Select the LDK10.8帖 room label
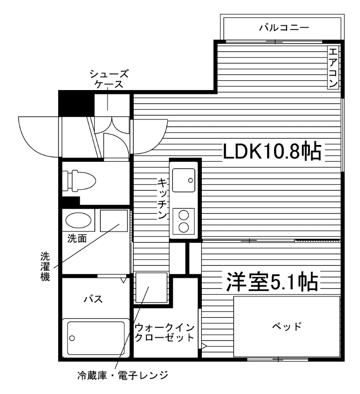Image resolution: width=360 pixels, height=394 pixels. point(272,151)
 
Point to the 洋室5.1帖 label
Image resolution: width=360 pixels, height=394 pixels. point(272,282)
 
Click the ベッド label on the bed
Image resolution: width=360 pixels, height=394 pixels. point(286,326)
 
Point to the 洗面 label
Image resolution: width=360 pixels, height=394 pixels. point(77,238)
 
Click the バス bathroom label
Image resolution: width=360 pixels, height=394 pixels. point(93,299)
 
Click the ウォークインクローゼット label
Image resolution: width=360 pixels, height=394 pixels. point(164,332)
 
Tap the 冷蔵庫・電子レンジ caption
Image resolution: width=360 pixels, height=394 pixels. point(122,375)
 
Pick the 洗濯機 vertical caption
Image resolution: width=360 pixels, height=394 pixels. point(44,265)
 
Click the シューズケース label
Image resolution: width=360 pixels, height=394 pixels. point(109,79)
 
